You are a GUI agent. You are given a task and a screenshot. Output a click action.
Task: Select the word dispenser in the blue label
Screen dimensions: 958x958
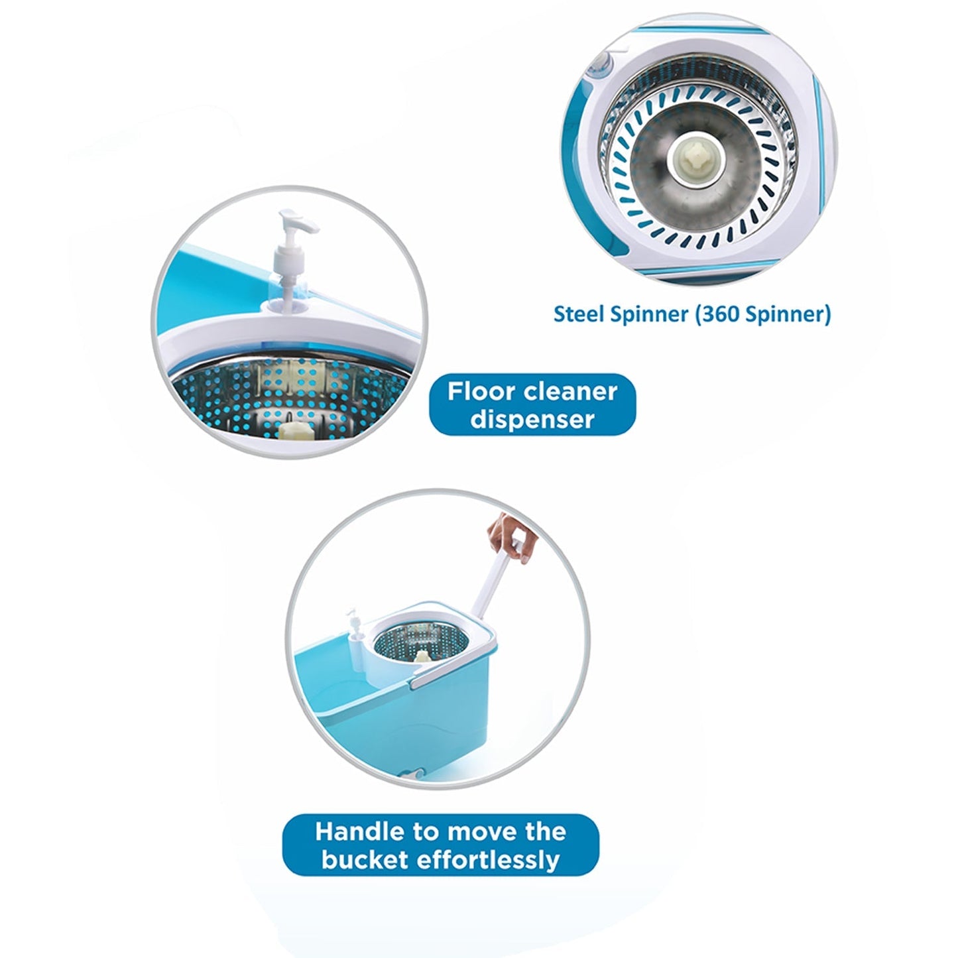(x=532, y=420)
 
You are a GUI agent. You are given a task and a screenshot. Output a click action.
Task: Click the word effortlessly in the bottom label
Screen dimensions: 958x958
(x=487, y=860)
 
